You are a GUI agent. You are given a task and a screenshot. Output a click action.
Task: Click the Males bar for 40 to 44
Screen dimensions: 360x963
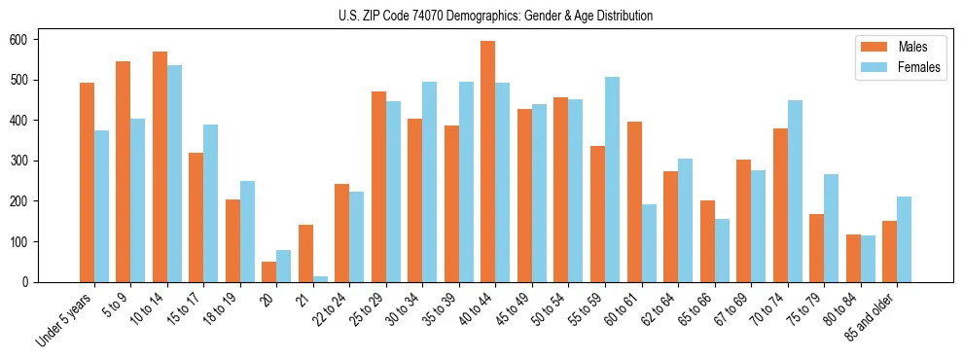[x=487, y=162]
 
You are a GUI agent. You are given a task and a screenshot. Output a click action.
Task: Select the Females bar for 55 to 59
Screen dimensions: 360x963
[x=612, y=179]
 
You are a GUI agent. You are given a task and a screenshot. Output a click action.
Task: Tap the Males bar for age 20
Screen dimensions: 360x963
[x=268, y=271]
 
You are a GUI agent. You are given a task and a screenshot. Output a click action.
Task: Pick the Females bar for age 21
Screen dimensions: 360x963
[x=320, y=279]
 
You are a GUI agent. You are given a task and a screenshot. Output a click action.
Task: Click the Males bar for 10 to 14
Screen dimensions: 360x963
[x=160, y=166]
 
